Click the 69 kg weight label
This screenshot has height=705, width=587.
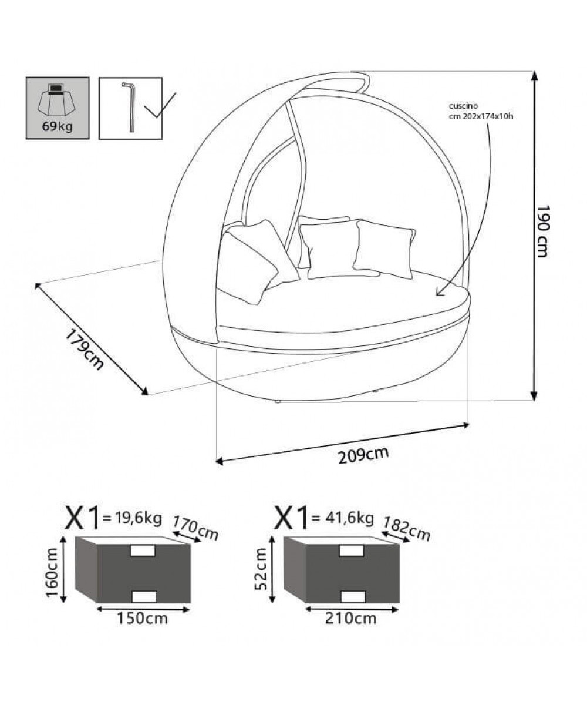pos(58,126)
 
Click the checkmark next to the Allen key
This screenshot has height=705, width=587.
pos(160,105)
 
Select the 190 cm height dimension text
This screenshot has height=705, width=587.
pos(543,231)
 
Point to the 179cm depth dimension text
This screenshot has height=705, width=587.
pos(84,350)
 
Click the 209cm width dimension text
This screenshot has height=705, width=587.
pos(363,455)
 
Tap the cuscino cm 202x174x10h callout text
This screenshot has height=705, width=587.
pos(481,112)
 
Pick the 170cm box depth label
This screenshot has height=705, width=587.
pos(195,528)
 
